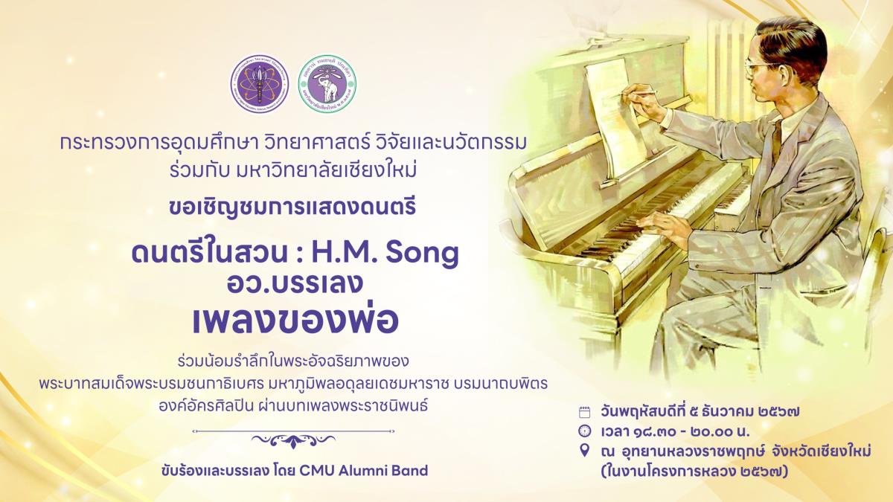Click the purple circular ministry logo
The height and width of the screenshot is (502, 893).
pyautogui.click(x=257, y=85)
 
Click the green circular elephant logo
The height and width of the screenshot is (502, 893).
pyautogui.click(x=327, y=85)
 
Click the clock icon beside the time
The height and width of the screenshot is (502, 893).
pyautogui.click(x=584, y=431)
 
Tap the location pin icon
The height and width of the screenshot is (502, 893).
pyautogui.click(x=584, y=451)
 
